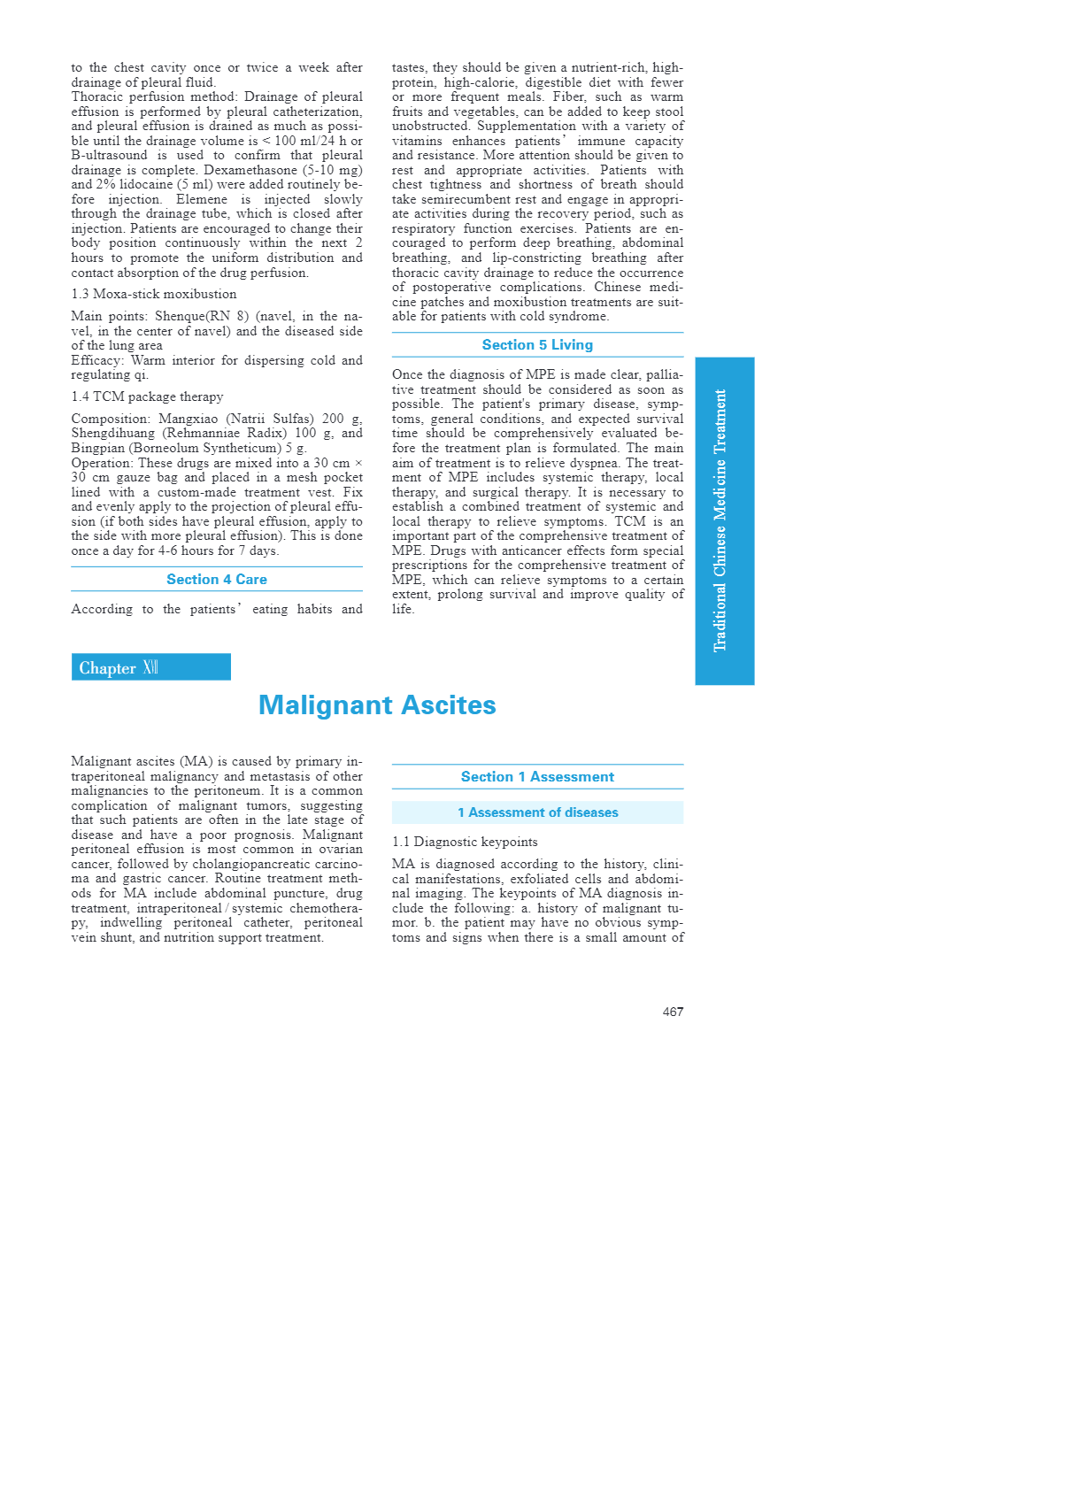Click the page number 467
tap(673, 1012)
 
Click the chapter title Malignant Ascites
tap(377, 705)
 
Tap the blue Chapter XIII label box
tap(150, 667)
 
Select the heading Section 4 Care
tap(217, 579)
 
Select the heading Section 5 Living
tap(537, 345)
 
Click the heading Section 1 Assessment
tap(537, 776)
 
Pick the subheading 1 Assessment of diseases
tap(537, 812)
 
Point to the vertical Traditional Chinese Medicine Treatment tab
tap(724, 520)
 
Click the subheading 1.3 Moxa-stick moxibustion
tap(154, 294)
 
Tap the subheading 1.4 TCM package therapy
tap(147, 396)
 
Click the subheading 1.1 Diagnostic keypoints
tap(465, 842)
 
